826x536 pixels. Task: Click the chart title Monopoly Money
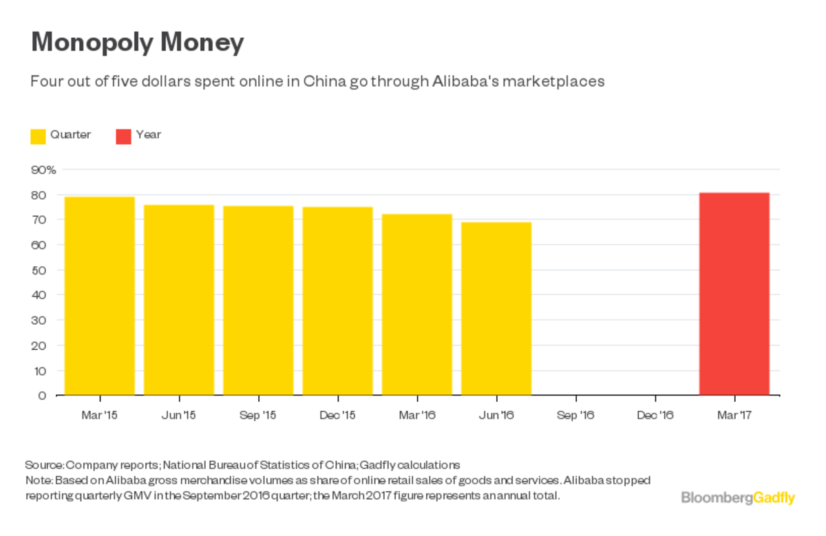click(138, 43)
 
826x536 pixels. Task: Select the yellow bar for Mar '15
click(99, 296)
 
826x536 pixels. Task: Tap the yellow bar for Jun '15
click(179, 300)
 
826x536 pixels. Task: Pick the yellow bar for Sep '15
click(258, 301)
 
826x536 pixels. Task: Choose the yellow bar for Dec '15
click(337, 301)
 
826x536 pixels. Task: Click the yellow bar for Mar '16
click(417, 305)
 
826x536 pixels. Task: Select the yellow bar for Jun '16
click(496, 309)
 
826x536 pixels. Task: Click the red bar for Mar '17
click(734, 294)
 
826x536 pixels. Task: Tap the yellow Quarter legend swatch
click(38, 136)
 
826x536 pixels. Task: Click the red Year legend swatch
click(123, 136)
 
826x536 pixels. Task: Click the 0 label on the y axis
click(43, 396)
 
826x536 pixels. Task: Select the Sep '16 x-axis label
click(575, 415)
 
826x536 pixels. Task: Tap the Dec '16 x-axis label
click(655, 415)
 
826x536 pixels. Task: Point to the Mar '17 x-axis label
click(734, 415)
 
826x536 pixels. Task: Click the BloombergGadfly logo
click(737, 497)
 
